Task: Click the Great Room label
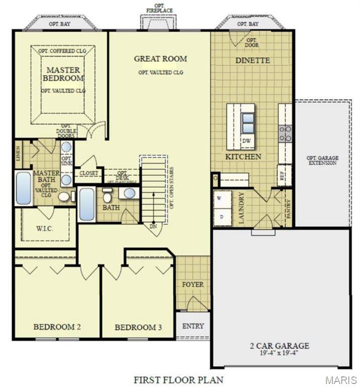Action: click(160, 59)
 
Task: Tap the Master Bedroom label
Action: click(63, 74)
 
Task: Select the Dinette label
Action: click(253, 60)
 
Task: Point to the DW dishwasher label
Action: click(247, 141)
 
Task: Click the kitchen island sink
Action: click(248, 122)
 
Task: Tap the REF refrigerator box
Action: click(282, 176)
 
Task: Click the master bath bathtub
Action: click(23, 188)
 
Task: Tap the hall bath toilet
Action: click(107, 196)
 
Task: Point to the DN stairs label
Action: click(153, 227)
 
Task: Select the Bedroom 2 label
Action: click(57, 327)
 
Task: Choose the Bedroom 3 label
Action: click(138, 328)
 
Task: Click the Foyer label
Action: click(193, 285)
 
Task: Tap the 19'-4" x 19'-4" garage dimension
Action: click(279, 353)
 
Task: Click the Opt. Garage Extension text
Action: click(323, 160)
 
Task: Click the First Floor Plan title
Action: click(178, 379)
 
